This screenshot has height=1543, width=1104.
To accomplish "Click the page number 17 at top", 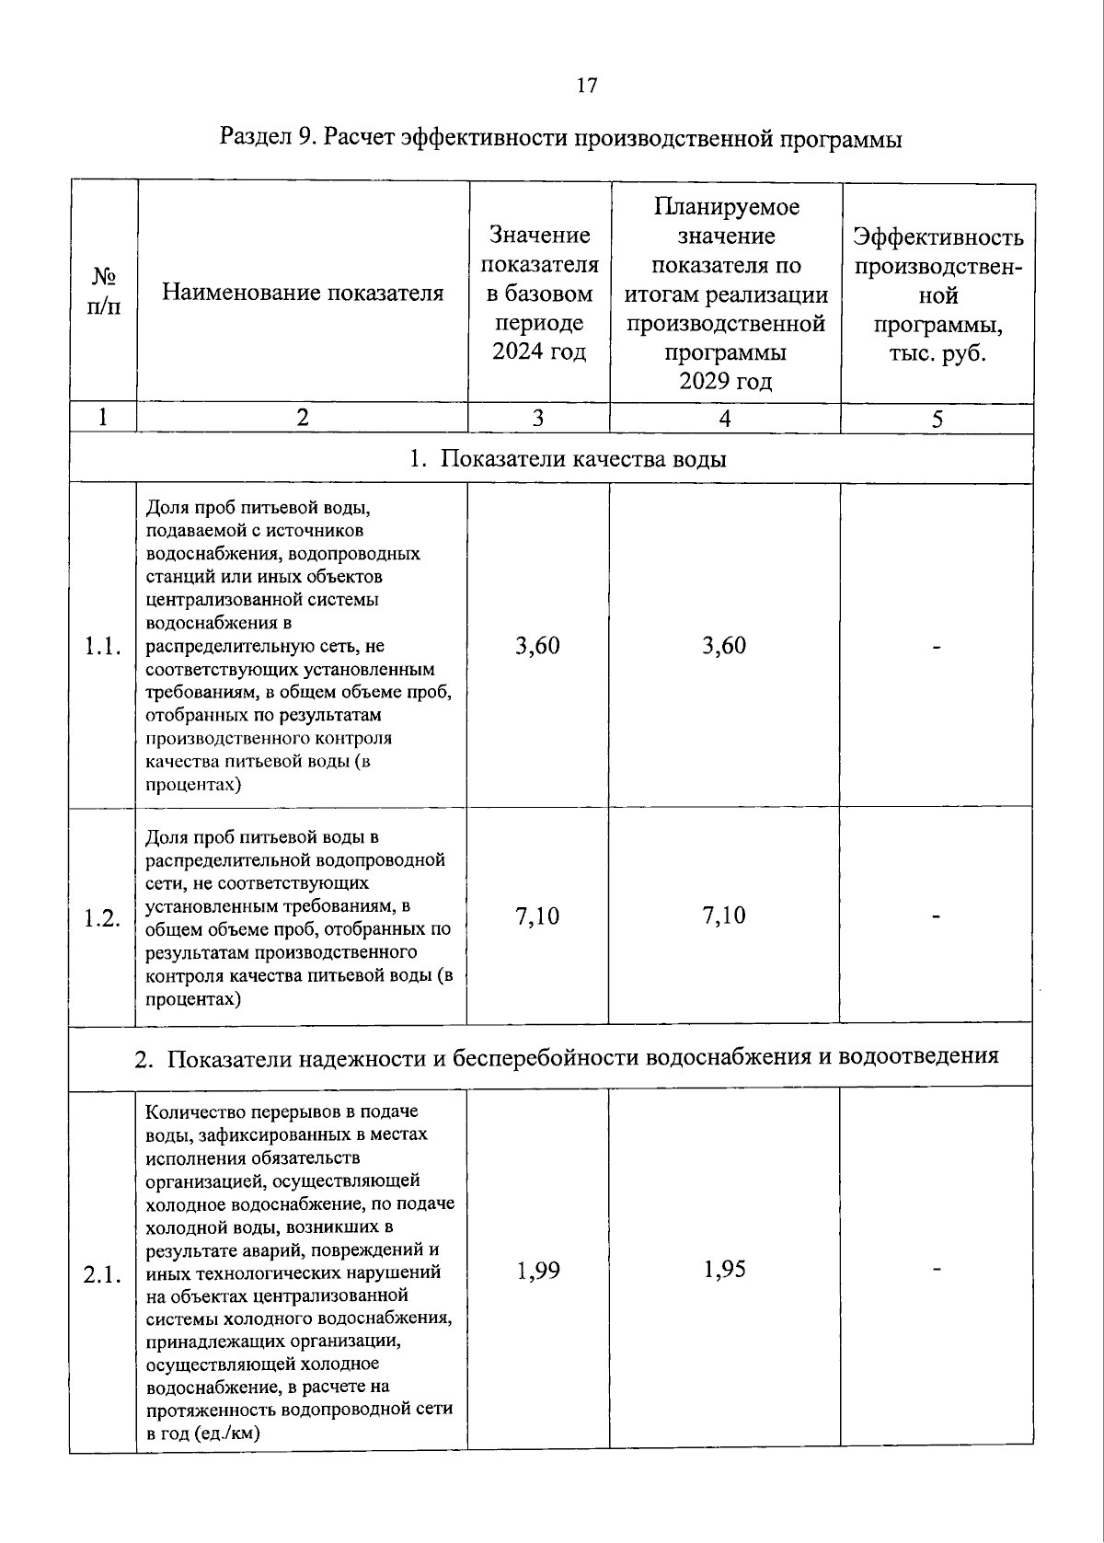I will click(586, 86).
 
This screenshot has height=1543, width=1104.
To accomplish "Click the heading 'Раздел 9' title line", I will click(560, 139).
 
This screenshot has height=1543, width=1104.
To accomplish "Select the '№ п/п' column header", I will click(103, 291).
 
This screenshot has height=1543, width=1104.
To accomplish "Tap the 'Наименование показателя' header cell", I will click(303, 293).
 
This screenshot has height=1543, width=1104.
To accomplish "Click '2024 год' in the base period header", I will click(539, 352).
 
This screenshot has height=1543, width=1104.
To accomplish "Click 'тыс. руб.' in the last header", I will click(937, 354).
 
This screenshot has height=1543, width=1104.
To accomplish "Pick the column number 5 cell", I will click(937, 420).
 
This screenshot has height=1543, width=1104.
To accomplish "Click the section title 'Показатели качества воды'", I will click(568, 458).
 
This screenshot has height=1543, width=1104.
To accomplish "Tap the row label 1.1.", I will click(103, 647).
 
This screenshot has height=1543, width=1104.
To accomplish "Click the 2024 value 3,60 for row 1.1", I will click(538, 646).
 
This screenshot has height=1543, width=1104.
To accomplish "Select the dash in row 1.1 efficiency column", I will click(937, 648).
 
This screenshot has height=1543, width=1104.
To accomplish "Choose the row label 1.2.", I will click(103, 917).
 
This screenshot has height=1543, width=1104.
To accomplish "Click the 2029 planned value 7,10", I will click(724, 915).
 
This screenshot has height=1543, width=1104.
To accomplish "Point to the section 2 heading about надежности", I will click(568, 1057).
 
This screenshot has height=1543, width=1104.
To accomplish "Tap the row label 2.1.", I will click(103, 1275).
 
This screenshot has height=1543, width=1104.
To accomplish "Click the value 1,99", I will click(538, 1271).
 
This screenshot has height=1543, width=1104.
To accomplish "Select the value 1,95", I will click(724, 1270).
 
